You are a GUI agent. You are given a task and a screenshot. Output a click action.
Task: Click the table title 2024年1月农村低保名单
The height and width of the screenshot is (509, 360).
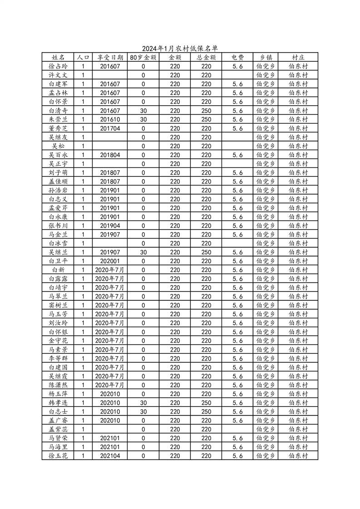pyautogui.click(x=180, y=49)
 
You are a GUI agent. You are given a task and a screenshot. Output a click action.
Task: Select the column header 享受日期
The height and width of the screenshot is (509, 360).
pyautogui.click(x=110, y=58)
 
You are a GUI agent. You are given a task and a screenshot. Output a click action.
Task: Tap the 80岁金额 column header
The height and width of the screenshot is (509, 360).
pyautogui.click(x=143, y=58)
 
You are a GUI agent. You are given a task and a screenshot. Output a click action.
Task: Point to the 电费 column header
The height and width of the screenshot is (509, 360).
pyautogui.click(x=237, y=58)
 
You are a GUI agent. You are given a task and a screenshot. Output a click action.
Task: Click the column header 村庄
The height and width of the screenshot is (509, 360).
pyautogui.click(x=298, y=58)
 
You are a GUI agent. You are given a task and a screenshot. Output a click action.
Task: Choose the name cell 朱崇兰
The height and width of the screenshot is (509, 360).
pyautogui.click(x=58, y=119)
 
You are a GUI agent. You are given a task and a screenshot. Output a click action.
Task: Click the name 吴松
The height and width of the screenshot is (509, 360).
pyautogui.click(x=58, y=146)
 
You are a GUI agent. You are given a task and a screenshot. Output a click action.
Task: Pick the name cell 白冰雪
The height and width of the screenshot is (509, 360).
pyautogui.click(x=58, y=244)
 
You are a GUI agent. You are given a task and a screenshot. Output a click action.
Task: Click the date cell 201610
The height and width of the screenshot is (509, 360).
pyautogui.click(x=110, y=119)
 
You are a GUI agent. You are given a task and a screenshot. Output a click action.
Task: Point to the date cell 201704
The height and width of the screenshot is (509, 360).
pyautogui.click(x=110, y=128)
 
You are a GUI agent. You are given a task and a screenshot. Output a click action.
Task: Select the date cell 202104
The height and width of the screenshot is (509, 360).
pyautogui.click(x=110, y=456)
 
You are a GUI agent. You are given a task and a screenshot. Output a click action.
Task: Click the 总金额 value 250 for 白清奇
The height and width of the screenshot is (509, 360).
pyautogui.click(x=206, y=111)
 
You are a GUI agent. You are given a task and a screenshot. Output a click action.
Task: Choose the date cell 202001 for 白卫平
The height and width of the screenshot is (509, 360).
pyautogui.click(x=110, y=261)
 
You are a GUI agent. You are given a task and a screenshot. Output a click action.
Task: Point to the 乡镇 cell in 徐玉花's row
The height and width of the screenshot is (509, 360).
pyautogui.click(x=266, y=456)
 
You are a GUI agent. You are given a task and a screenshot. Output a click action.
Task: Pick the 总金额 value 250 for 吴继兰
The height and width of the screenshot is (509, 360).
pyautogui.click(x=206, y=252)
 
